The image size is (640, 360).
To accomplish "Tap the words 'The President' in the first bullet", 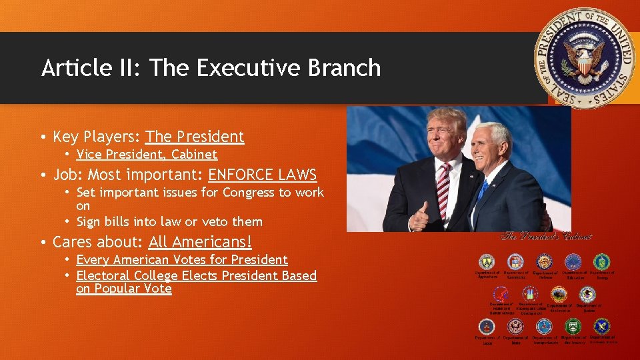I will tap(195, 137).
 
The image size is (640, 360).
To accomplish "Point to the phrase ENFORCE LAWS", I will tap(263, 175).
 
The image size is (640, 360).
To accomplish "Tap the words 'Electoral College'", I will tap(127, 275).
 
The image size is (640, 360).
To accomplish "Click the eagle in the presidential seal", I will tap(585, 58).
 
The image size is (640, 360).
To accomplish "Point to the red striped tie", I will tap(443, 189).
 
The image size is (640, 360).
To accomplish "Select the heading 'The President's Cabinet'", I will tap(546, 236).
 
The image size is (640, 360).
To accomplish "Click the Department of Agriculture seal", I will tap(487, 262).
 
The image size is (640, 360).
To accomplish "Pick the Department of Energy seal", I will tap(602, 262).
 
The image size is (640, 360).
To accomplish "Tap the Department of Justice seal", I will tap(587, 294).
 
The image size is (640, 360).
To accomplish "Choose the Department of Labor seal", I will tap(487, 327).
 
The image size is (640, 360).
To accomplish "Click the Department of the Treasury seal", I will tap(573, 327).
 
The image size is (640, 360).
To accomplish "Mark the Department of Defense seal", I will tap(545, 262).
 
